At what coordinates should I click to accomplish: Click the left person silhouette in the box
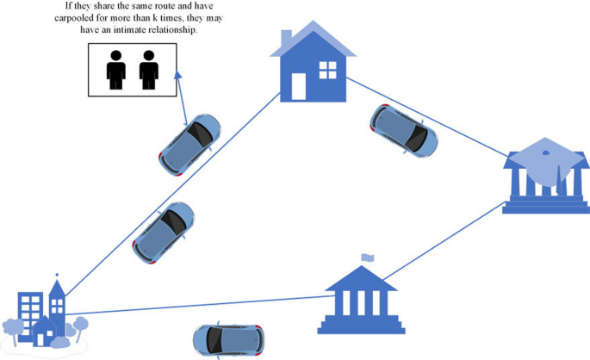pos(116,69)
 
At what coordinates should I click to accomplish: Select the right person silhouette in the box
pos(150,69)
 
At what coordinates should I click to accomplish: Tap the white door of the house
pos(299,86)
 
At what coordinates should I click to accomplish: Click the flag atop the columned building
pos(369,257)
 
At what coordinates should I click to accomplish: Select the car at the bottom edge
pos(227,341)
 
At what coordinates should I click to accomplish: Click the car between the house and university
pos(403,131)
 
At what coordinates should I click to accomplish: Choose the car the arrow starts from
pos(190,141)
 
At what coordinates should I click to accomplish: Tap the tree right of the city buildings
pos(81,325)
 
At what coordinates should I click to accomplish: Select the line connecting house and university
pos(426,118)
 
